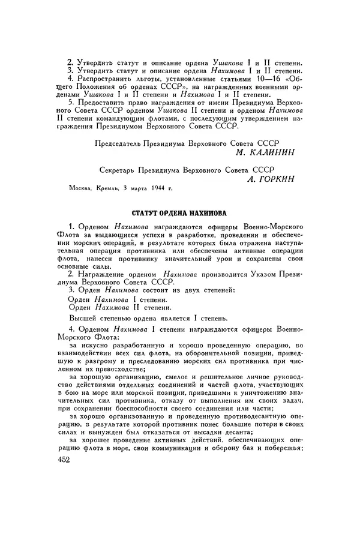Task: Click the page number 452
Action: [x=58, y=460]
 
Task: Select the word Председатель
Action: [x=122, y=143]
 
